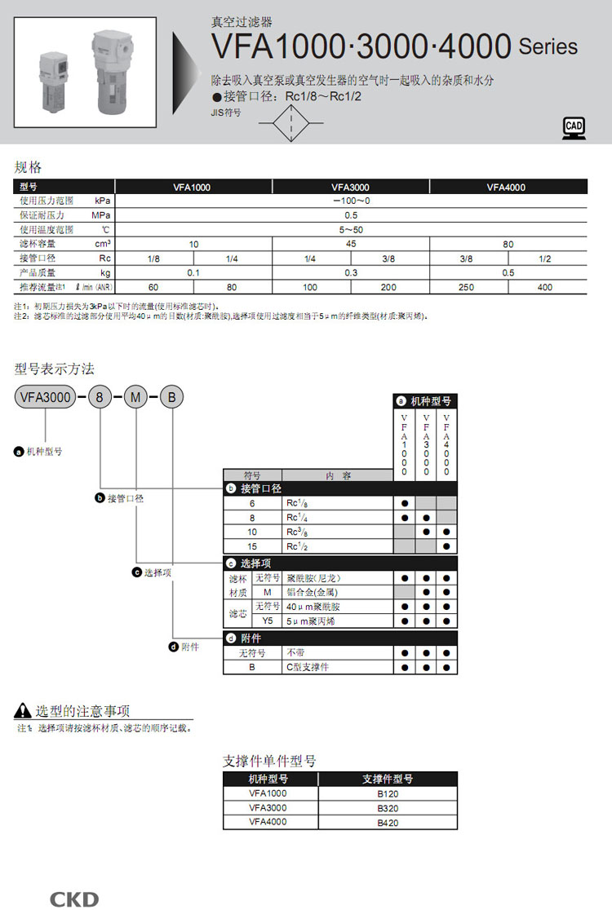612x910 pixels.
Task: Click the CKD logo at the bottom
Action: tap(74, 899)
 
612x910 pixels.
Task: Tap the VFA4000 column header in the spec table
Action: tap(506, 187)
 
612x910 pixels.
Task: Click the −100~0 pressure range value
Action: tap(351, 201)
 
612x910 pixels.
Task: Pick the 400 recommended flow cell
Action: tap(545, 287)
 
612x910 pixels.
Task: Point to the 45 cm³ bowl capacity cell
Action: tap(351, 244)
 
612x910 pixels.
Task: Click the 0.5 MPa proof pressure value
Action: tap(351, 215)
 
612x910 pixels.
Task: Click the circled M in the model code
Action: tap(136, 398)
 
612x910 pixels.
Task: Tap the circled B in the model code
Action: tap(171, 398)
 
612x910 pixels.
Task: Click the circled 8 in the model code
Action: tap(100, 398)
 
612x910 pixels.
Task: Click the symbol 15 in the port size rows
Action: tap(252, 546)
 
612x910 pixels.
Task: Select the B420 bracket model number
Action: tap(388, 823)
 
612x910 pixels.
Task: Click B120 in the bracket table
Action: tap(388, 793)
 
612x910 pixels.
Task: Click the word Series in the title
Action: tap(548, 46)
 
